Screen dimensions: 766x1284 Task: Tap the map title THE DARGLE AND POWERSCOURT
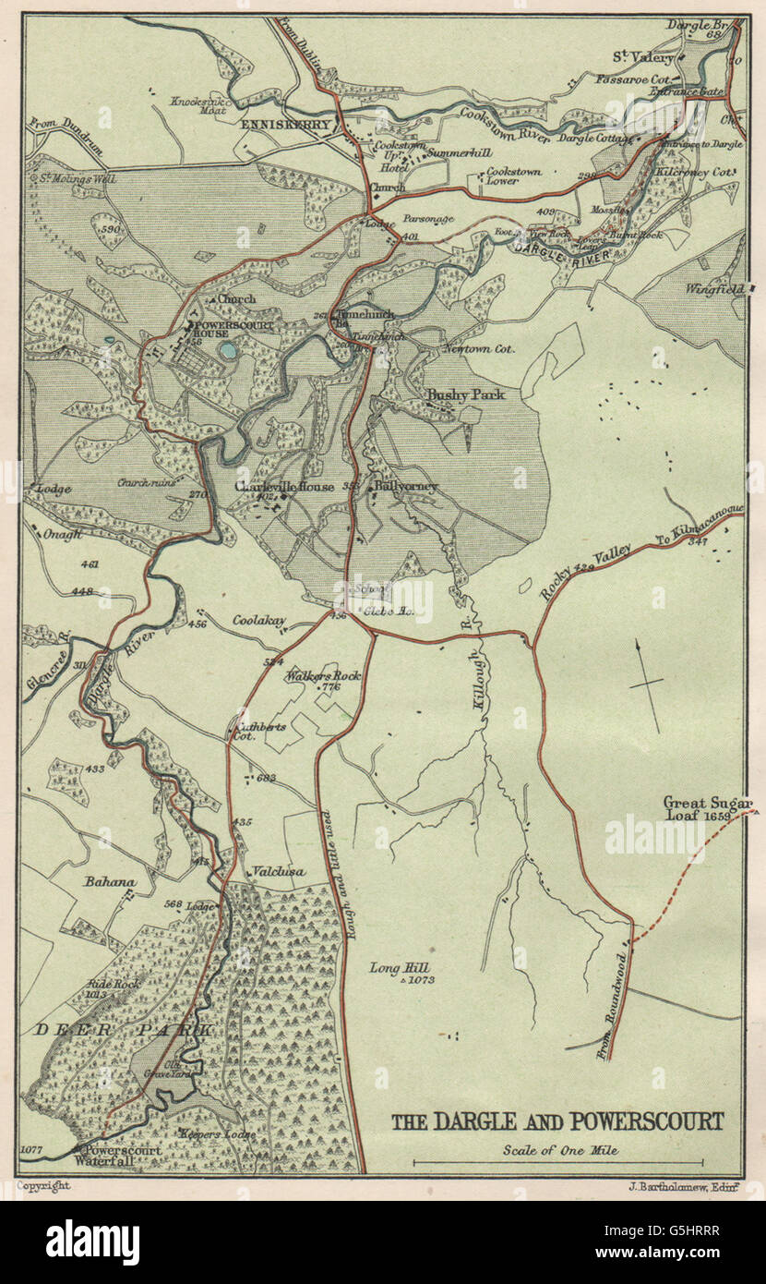click(558, 1121)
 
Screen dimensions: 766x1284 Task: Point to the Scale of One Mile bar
click(557, 1163)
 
